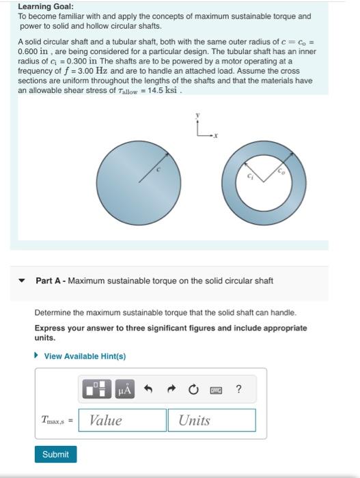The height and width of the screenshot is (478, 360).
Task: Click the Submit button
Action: point(55,454)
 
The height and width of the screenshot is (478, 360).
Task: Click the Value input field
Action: point(122,420)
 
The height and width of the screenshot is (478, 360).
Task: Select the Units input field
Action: point(211,420)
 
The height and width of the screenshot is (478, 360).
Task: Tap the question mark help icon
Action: point(238,389)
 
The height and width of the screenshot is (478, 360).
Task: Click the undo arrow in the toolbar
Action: point(148,390)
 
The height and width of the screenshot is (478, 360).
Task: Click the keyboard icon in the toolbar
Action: point(215,390)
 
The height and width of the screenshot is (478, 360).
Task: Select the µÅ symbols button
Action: point(125,390)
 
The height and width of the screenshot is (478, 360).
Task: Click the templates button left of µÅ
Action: point(96,390)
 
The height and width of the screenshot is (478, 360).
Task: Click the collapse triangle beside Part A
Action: point(22,281)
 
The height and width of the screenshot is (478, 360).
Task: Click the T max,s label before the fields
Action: point(57,421)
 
